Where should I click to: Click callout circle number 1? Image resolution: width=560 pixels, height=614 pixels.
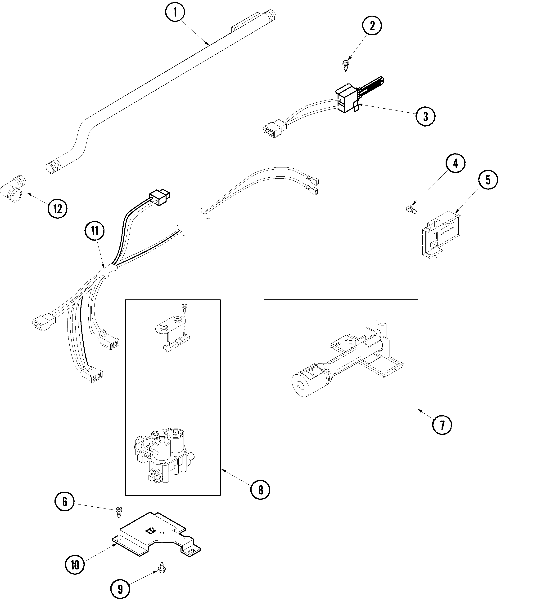tap(175, 12)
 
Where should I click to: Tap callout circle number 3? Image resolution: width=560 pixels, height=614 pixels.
tap(425, 116)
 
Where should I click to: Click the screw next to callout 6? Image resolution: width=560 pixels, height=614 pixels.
tap(119, 512)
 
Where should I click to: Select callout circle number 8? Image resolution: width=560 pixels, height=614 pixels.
tap(260, 490)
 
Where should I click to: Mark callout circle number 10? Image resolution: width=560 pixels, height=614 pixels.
tap(75, 565)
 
